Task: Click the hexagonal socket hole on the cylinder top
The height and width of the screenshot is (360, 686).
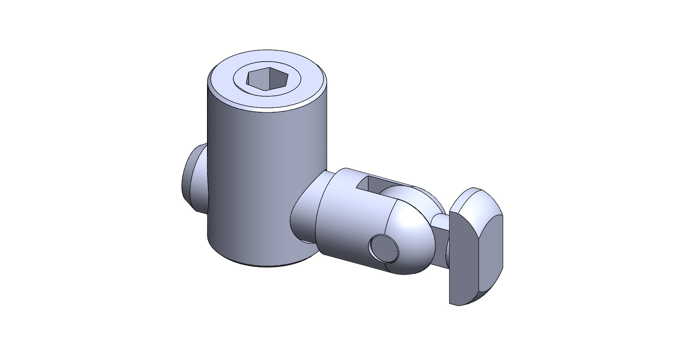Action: point(267,79)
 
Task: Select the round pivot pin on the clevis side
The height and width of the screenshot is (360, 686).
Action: point(384,248)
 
